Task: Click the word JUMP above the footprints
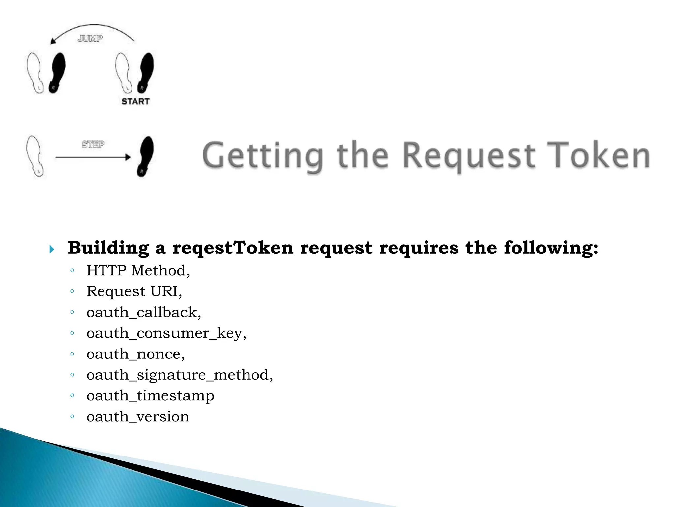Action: pos(90,39)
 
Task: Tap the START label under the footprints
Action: pos(135,101)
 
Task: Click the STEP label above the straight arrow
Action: pos(93,144)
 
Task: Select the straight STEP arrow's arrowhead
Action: pos(128,157)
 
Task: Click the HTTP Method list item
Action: pos(138,271)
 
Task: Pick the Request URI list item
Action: pos(134,291)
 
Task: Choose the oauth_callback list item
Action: pos(144,312)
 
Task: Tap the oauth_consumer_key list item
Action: pos(166,333)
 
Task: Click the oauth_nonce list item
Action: pos(135,354)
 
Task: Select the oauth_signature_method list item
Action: pos(180,375)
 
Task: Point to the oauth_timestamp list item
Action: pos(150,396)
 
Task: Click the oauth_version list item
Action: pos(138,417)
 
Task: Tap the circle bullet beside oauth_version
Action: pos(72,417)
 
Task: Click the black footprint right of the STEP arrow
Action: pos(145,156)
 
